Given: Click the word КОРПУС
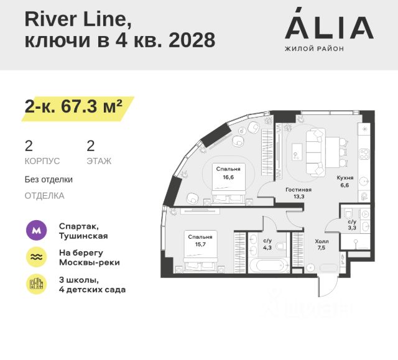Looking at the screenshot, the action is [42, 161].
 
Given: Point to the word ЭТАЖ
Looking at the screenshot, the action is [99, 161].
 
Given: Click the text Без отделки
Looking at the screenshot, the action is [49, 179].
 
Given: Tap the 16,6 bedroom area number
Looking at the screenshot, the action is [228, 177].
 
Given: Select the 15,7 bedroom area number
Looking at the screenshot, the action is [200, 244].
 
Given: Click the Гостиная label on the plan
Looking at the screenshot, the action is [298, 190].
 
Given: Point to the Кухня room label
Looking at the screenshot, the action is [345, 177].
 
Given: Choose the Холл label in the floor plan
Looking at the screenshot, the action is [322, 241].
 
